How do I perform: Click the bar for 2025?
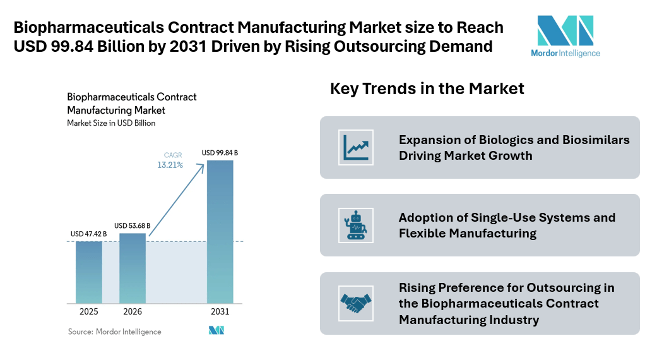tap(89, 272)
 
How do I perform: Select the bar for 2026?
tap(133, 268)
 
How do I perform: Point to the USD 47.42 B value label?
tap(88, 234)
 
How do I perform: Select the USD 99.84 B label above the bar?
tap(220, 153)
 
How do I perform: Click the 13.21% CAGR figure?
tap(170, 165)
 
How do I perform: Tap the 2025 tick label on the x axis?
tap(89, 312)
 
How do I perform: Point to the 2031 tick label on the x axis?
tap(220, 312)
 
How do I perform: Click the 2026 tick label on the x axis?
tap(133, 312)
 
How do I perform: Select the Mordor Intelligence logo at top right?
tap(565, 36)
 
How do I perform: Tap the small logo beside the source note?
tap(216, 330)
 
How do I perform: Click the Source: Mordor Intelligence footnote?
tap(114, 332)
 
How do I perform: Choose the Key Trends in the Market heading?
tap(427, 88)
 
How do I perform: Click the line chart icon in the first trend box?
tap(355, 147)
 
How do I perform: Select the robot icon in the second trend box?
tap(355, 225)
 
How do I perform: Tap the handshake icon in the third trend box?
tap(355, 303)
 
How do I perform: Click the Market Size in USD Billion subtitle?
tap(111, 123)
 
